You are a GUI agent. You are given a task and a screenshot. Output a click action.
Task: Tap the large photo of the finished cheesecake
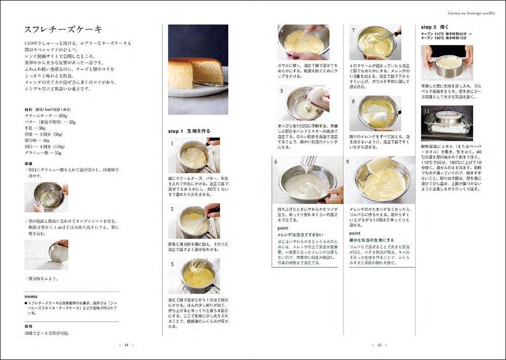198,69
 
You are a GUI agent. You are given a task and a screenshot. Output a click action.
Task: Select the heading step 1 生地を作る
189,131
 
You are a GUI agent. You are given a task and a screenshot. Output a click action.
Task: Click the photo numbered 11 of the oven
446,123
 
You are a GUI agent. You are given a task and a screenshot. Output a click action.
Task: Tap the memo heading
31,296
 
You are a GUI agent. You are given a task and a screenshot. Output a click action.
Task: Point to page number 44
126,345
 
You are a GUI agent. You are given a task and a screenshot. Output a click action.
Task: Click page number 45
379,345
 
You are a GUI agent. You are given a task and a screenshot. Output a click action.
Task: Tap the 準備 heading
29,164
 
